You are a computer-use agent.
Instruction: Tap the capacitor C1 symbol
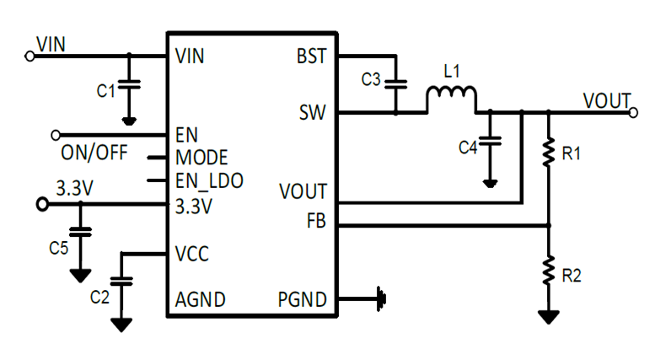(128, 84)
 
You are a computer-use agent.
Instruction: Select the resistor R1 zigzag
(549, 154)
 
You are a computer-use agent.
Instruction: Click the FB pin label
(316, 221)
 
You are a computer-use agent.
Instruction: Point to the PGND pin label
(302, 299)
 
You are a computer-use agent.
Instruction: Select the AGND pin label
(200, 299)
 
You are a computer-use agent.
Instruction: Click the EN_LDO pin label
(208, 180)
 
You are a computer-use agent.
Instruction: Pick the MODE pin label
(201, 158)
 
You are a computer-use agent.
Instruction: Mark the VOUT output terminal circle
(634, 110)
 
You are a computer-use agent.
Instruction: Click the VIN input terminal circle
(30, 56)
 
